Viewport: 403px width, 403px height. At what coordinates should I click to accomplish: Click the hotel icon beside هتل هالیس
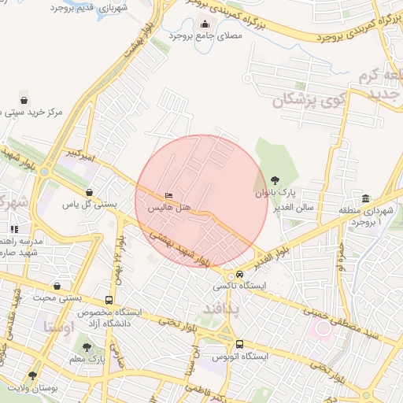[169, 195]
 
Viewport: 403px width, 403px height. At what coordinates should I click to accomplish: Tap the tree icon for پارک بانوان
[275, 179]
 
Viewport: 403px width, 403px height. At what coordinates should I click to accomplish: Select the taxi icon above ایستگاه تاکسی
[239, 274]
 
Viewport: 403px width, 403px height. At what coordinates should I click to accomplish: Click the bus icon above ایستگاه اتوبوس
[239, 344]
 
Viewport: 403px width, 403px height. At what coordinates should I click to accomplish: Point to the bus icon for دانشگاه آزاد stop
[109, 300]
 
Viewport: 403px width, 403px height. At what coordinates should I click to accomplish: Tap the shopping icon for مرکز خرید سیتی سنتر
[24, 100]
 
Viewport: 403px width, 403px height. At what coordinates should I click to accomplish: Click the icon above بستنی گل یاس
[89, 192]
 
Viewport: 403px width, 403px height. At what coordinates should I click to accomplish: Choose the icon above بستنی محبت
[56, 286]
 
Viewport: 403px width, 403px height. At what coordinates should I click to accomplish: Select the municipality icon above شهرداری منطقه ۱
[365, 198]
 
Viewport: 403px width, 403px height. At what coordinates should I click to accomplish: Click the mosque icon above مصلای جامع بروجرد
[205, 24]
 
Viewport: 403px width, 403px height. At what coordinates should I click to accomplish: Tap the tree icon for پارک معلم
[87, 346]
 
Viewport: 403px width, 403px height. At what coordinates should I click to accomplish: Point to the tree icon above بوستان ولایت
[32, 375]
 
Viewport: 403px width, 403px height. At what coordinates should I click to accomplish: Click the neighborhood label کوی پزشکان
[302, 101]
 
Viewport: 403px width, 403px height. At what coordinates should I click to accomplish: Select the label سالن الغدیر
[294, 208]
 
